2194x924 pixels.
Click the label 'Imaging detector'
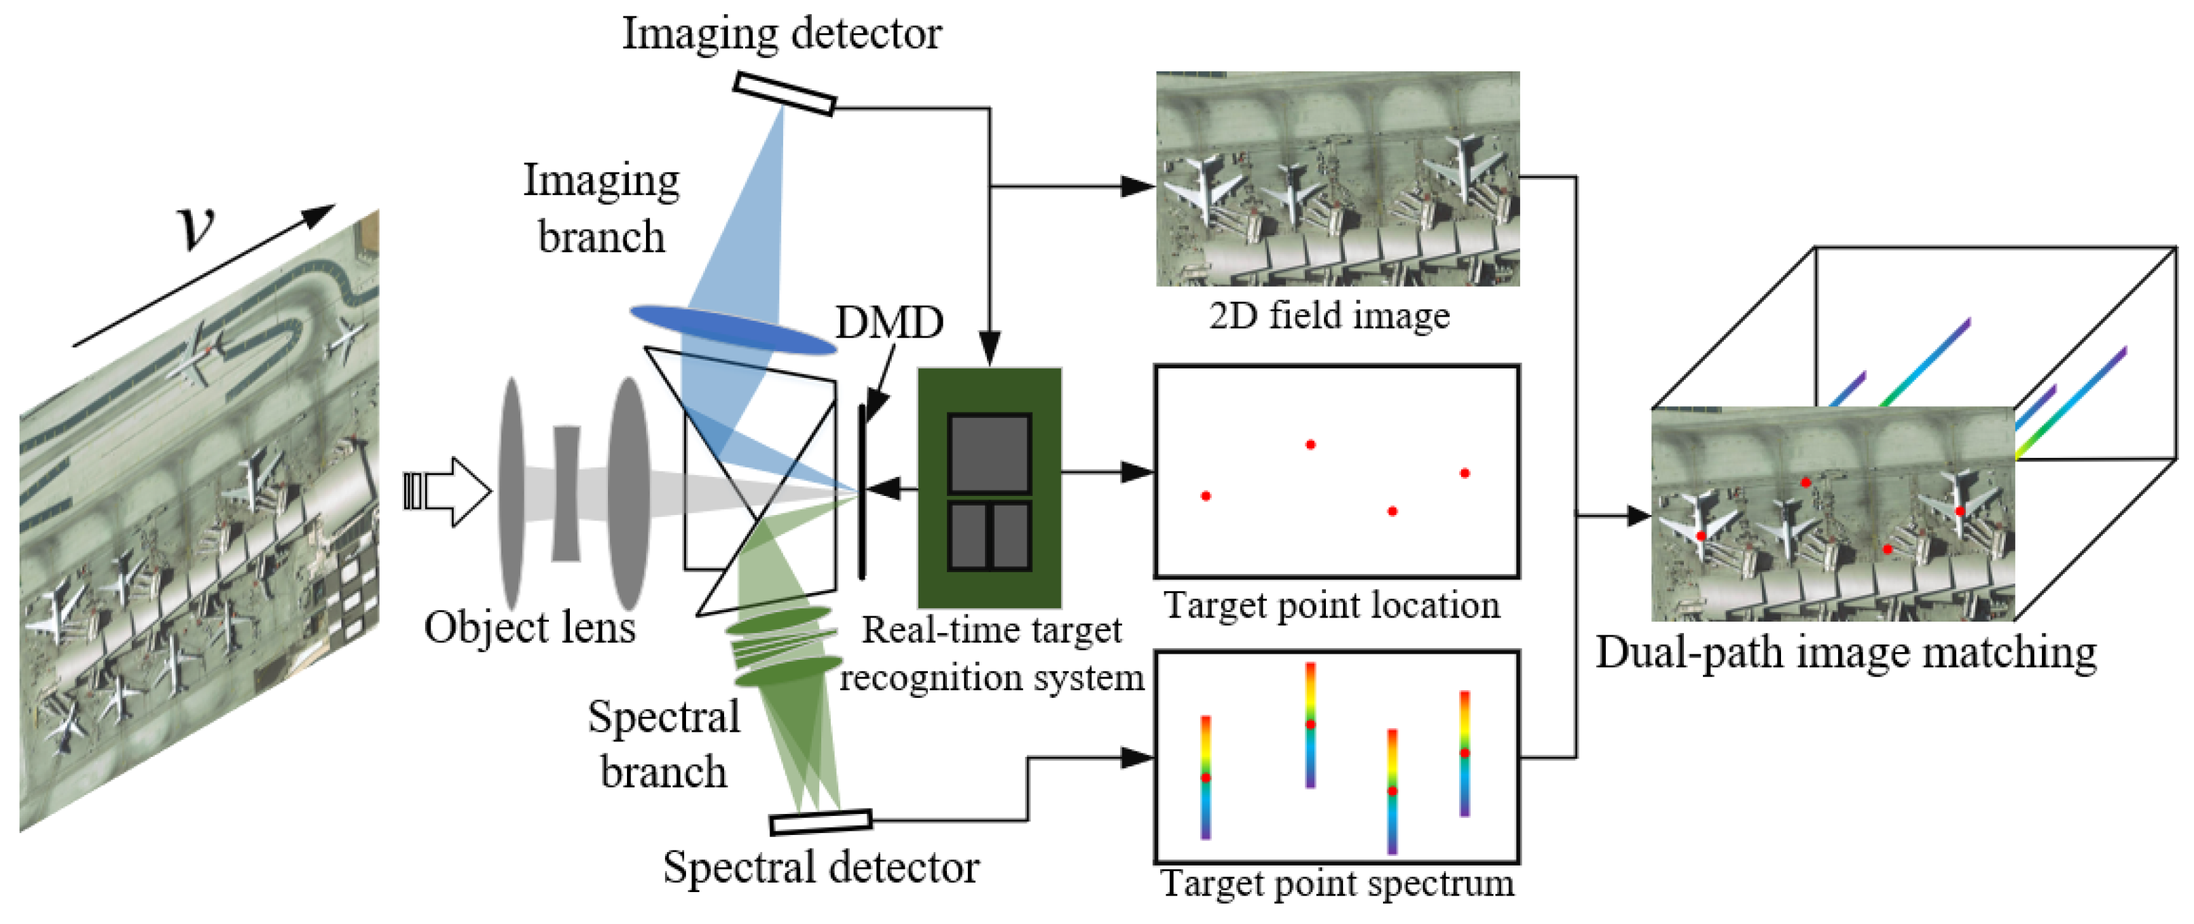pos(781,34)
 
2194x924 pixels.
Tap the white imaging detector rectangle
pos(785,94)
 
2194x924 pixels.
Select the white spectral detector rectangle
pos(820,822)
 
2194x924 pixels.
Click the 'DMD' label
pos(889,323)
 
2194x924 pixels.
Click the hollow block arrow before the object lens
pos(449,491)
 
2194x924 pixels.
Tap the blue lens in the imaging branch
pos(732,330)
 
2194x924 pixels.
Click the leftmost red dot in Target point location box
pos(1206,496)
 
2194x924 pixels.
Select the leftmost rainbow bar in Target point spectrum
pos(1206,777)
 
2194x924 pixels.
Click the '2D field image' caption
pos(1329,316)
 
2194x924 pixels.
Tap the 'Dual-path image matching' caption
pos(1846,653)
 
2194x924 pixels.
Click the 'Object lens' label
pos(530,628)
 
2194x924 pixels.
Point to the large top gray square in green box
pos(990,453)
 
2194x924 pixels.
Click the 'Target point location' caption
pos(1331,605)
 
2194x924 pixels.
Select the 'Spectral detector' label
pos(821,868)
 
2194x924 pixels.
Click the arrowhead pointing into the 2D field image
pos(1137,185)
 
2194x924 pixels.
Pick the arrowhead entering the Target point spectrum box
pos(1137,757)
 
